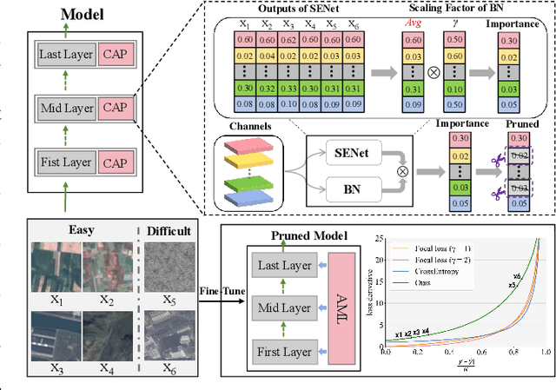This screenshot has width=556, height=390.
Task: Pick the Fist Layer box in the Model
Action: (x=66, y=162)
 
